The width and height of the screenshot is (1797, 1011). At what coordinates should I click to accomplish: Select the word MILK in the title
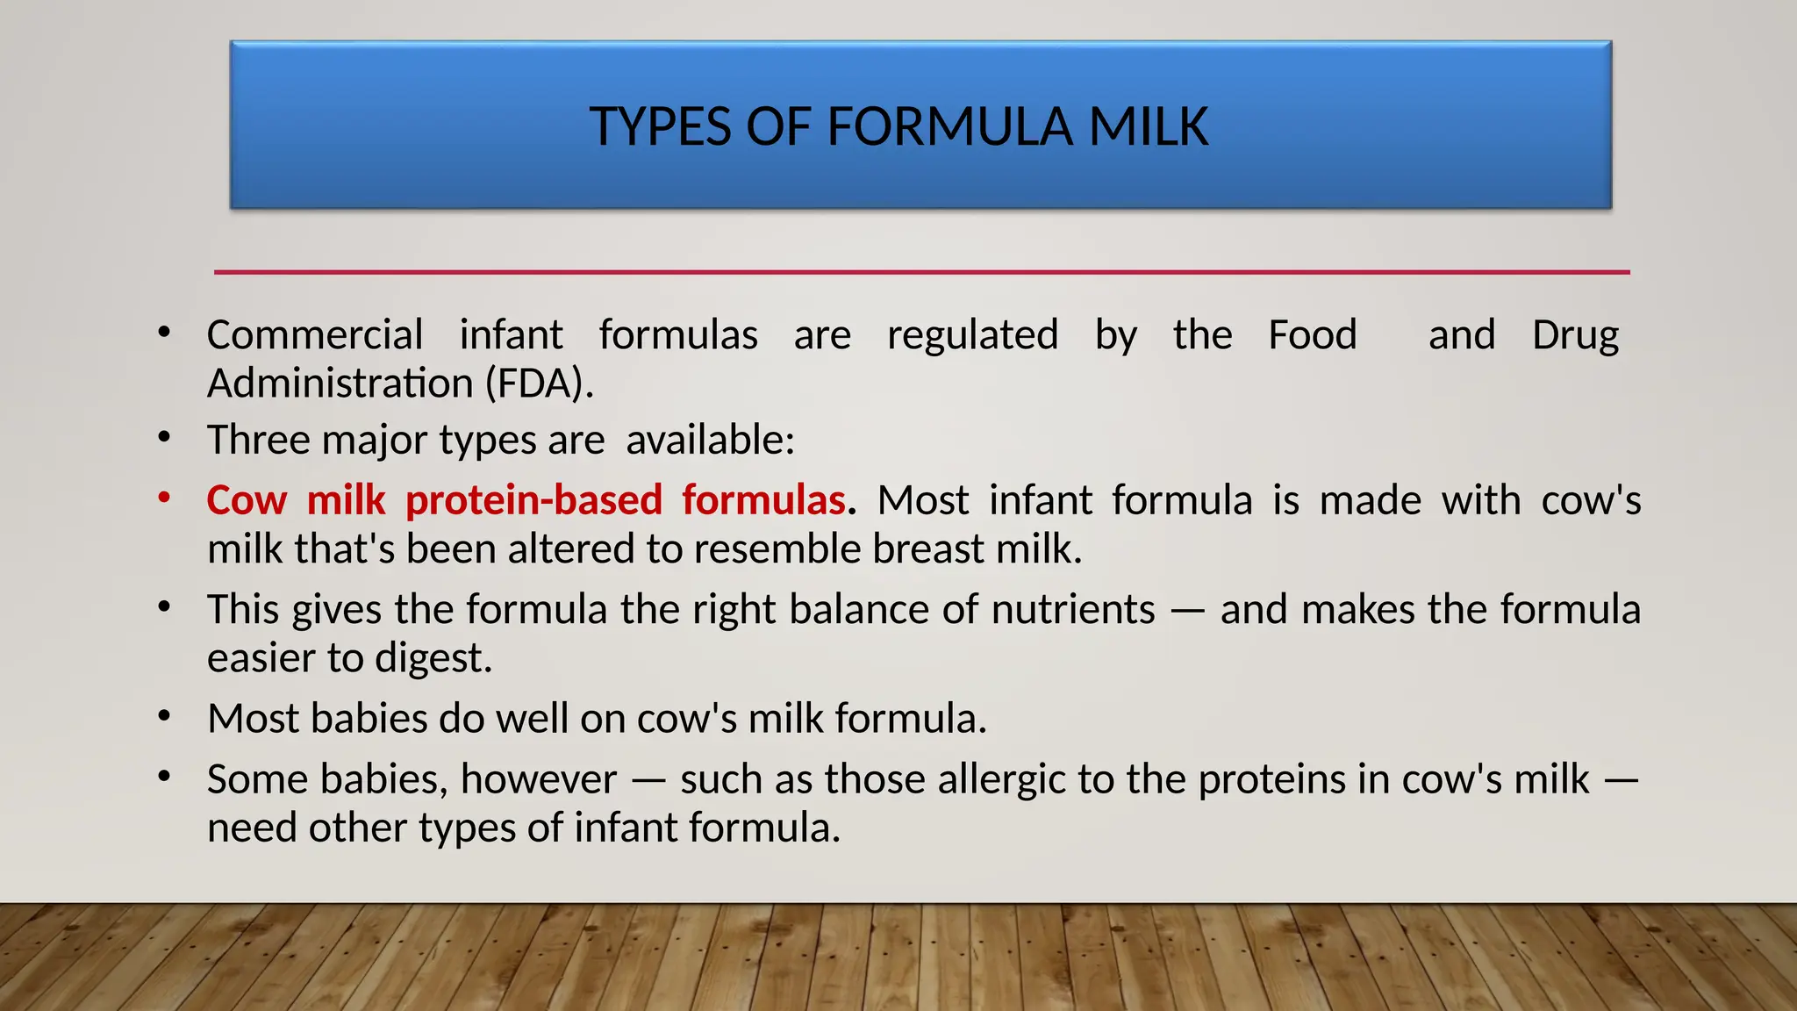pyautogui.click(x=1149, y=126)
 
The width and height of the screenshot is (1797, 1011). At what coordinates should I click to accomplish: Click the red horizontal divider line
pyautogui.click(x=921, y=272)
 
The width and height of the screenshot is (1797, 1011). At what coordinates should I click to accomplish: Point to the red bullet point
pyautogui.click(x=164, y=498)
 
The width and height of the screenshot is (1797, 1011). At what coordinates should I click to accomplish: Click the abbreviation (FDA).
pyautogui.click(x=540, y=384)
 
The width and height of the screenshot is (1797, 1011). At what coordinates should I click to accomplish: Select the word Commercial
pyautogui.click(x=315, y=335)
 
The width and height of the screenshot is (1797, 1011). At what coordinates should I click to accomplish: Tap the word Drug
pyautogui.click(x=1575, y=335)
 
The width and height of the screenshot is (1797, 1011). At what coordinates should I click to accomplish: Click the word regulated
pyautogui.click(x=972, y=335)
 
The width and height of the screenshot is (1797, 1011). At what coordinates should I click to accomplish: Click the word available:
pyautogui.click(x=710, y=440)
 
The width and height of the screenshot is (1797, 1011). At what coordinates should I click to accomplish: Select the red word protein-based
pyautogui.click(x=533, y=500)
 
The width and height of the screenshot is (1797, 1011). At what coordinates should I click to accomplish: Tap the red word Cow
pyautogui.click(x=247, y=500)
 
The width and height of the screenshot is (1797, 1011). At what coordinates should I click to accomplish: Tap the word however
pyautogui.click(x=538, y=779)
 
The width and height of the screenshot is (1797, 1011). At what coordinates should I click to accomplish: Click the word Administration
pyautogui.click(x=340, y=384)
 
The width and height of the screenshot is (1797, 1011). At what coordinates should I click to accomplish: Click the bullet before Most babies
pyautogui.click(x=164, y=717)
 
